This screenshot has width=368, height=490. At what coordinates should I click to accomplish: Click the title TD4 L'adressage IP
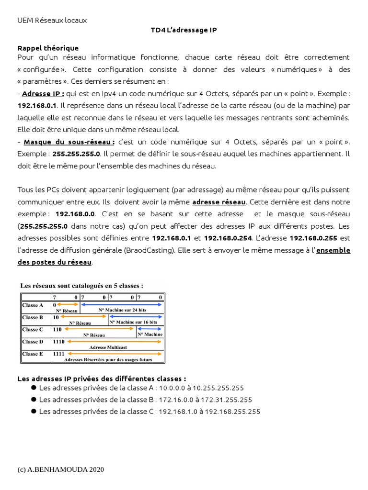(x=184, y=30)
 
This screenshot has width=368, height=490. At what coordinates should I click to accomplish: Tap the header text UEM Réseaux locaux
(x=52, y=21)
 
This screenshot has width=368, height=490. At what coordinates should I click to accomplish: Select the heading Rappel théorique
(x=48, y=48)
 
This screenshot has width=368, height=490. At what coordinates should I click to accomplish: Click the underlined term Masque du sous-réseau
(x=69, y=142)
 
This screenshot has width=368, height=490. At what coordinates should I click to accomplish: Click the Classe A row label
(x=33, y=305)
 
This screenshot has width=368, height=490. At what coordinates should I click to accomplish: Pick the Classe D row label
(x=33, y=342)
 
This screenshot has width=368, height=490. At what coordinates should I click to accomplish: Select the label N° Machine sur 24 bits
(x=122, y=310)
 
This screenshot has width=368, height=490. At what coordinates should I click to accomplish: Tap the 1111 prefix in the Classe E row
(x=59, y=354)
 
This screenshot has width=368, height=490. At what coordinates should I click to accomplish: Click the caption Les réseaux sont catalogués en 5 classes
(x=81, y=286)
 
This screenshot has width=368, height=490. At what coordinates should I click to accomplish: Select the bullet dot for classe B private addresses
(x=34, y=399)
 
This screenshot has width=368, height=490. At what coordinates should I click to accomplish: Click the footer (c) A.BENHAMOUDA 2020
(x=61, y=469)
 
